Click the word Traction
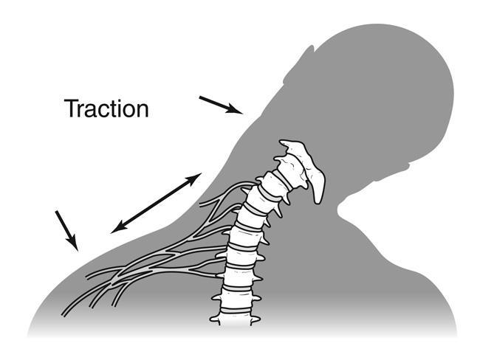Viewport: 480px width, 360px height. [x=107, y=108]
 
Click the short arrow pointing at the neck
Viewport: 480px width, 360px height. [x=220, y=105]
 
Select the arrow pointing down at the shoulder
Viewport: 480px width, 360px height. [x=66, y=229]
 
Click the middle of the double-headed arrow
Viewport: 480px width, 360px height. [x=156, y=203]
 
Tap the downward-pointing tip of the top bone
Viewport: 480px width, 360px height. [x=318, y=198]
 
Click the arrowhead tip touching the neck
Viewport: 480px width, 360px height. [x=241, y=114]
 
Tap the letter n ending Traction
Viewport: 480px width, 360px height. [x=142, y=111]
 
